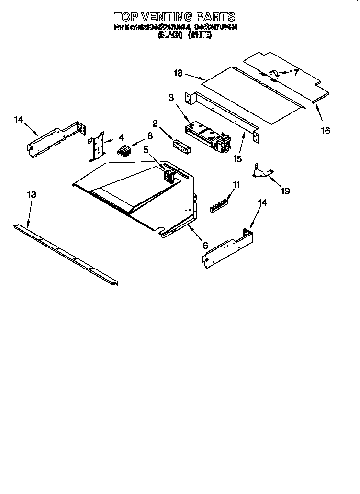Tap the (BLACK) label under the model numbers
click(170, 35)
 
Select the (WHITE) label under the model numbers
click(200, 35)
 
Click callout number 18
click(178, 73)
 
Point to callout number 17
click(293, 73)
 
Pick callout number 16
click(325, 130)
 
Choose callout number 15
click(236, 158)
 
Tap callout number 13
click(31, 195)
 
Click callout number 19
click(285, 191)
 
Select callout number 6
click(205, 245)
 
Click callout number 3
click(171, 98)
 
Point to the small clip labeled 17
click(275, 73)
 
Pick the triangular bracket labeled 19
click(262, 172)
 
